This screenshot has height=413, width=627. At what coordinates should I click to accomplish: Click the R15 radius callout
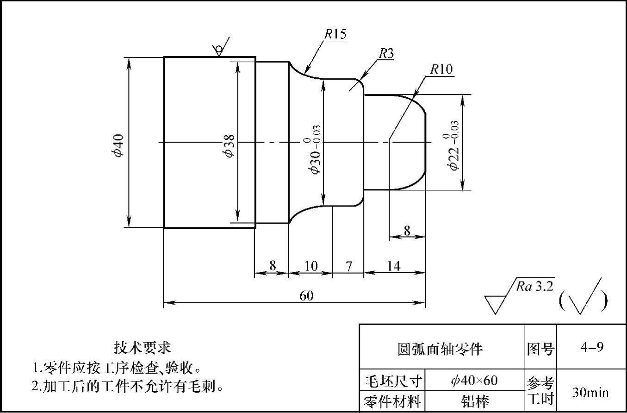click(335, 34)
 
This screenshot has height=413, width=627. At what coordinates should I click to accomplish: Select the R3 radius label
click(386, 54)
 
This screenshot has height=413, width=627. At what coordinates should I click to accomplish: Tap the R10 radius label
click(441, 69)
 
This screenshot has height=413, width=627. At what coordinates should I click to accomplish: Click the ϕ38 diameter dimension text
click(229, 145)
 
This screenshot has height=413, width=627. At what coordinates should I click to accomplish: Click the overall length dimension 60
click(306, 296)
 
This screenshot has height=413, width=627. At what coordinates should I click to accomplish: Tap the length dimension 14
click(393, 266)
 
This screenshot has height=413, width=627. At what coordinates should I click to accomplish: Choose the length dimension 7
click(349, 266)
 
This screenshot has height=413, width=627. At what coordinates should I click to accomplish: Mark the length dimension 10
click(311, 266)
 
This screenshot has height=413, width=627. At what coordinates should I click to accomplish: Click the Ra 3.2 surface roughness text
click(535, 286)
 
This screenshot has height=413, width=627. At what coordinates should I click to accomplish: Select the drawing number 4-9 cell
click(591, 347)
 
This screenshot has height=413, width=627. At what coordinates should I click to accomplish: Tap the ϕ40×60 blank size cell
click(474, 381)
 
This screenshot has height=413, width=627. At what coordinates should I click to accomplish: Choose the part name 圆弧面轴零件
click(440, 349)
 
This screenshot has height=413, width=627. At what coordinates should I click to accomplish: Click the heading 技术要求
click(143, 347)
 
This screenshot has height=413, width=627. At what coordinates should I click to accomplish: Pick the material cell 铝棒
click(475, 401)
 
